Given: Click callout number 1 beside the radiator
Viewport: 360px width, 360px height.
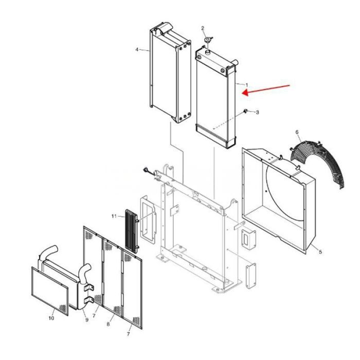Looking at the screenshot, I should click(246, 85).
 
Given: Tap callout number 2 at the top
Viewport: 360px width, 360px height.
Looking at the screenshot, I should click(203, 28).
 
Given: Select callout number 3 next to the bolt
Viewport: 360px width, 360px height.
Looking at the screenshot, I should click(257, 112).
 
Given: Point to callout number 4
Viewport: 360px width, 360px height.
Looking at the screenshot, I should click(137, 50).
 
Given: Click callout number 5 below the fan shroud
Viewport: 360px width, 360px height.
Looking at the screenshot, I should click(320, 251).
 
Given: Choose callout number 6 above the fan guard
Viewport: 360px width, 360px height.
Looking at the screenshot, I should click(297, 133).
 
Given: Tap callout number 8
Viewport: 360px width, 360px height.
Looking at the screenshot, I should click(109, 325).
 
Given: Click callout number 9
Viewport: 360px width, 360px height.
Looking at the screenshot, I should click(86, 320).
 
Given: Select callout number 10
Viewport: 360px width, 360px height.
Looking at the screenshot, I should click(51, 318).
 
